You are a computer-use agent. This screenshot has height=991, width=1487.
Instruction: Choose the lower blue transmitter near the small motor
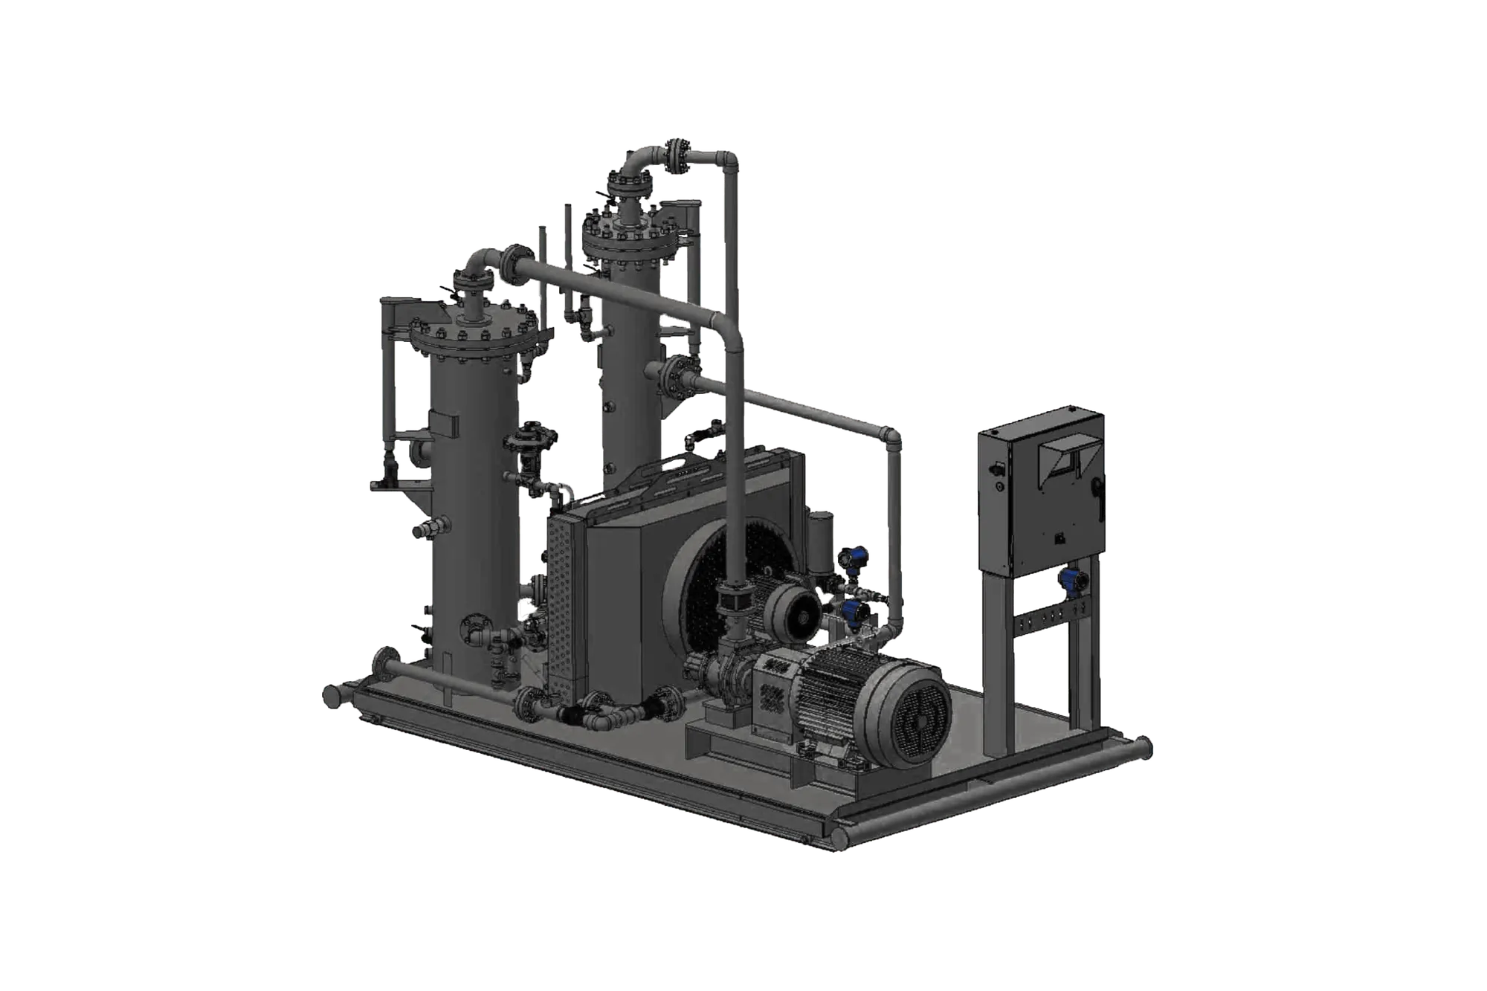852,613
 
